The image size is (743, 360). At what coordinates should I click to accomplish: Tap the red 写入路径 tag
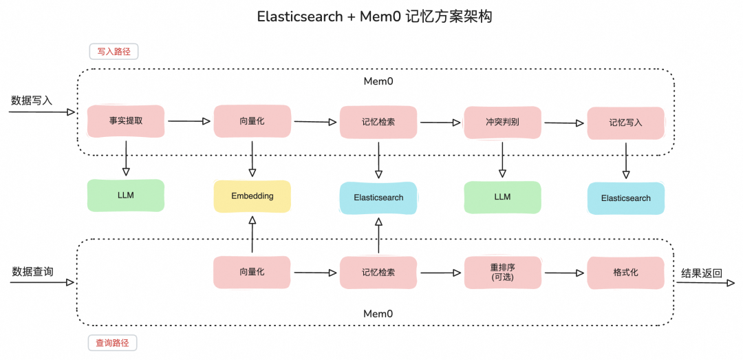click(x=114, y=52)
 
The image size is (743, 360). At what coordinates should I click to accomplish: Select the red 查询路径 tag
click(x=114, y=342)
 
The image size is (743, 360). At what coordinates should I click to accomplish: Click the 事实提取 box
click(x=126, y=121)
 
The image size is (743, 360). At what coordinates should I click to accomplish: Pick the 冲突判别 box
click(x=502, y=122)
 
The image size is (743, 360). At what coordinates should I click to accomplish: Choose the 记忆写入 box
click(x=625, y=123)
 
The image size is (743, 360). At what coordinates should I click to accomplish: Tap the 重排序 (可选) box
click(x=502, y=273)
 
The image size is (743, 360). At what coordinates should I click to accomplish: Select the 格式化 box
click(x=625, y=273)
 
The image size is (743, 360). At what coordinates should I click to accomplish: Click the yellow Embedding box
click(x=252, y=196)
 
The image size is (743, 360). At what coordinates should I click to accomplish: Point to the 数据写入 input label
click(x=32, y=100)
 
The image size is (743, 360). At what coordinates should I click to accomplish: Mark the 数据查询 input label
click(x=32, y=272)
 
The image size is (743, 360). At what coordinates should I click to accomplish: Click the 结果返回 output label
click(x=702, y=273)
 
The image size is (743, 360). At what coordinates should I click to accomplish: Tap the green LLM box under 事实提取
click(x=126, y=195)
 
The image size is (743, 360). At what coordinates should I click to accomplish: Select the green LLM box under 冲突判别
click(x=502, y=197)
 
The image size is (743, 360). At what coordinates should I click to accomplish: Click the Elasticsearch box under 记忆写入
click(x=625, y=198)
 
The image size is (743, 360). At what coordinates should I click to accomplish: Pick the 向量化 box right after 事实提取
click(x=252, y=121)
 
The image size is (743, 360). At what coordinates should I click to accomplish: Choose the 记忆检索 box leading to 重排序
click(x=378, y=273)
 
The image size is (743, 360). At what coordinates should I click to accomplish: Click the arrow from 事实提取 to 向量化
click(x=189, y=121)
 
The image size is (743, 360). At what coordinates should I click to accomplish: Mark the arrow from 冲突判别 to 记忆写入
click(x=564, y=123)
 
